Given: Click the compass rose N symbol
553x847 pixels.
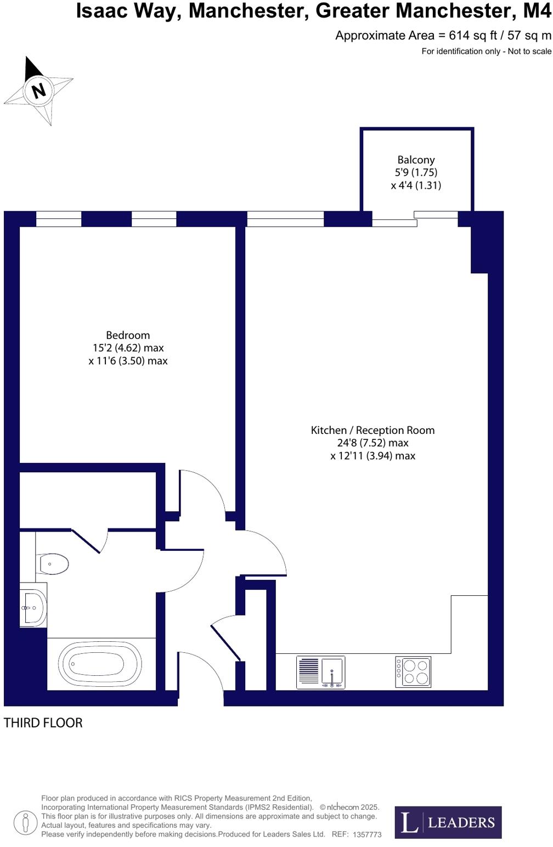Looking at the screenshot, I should (x=38, y=90).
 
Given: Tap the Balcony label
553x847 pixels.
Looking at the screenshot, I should (x=416, y=160).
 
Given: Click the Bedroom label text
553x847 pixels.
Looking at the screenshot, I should (x=128, y=335).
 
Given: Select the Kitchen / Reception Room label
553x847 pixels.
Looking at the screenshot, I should (x=373, y=430).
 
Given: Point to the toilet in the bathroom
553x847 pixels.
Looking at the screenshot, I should (x=52, y=563).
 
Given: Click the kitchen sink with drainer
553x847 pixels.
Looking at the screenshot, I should (x=321, y=672).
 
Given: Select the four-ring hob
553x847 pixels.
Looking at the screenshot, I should (x=413, y=671).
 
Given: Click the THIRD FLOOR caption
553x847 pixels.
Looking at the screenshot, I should (x=43, y=723).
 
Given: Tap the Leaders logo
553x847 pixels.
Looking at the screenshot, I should (x=448, y=822).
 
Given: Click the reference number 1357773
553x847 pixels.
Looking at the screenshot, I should (x=367, y=834).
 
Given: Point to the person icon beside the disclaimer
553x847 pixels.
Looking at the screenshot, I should (x=25, y=822).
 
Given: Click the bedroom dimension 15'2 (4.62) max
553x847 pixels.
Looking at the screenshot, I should (x=128, y=348).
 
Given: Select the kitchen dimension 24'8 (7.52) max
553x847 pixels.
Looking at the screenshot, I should (x=373, y=443).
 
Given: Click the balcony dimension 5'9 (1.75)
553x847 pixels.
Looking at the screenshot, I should (x=416, y=172).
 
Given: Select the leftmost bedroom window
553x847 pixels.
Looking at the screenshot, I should (x=59, y=219).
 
